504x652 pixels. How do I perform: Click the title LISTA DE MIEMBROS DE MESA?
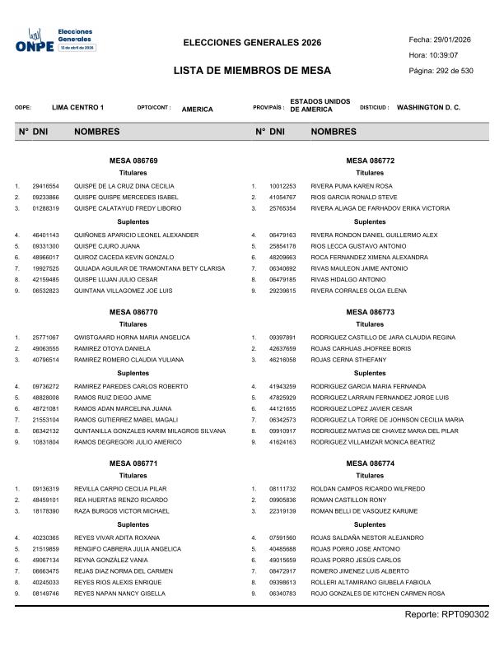point(251,71)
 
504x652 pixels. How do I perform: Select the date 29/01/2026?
point(452,40)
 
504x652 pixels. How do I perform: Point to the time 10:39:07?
point(445,55)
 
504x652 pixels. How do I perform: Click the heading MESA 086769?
point(133,161)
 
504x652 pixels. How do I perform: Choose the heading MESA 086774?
point(370,463)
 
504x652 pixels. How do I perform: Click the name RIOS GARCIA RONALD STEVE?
point(354,198)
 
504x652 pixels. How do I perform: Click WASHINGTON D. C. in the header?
point(428,108)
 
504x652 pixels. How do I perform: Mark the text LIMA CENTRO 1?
point(77,108)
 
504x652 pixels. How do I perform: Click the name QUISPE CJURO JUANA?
point(107,246)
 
